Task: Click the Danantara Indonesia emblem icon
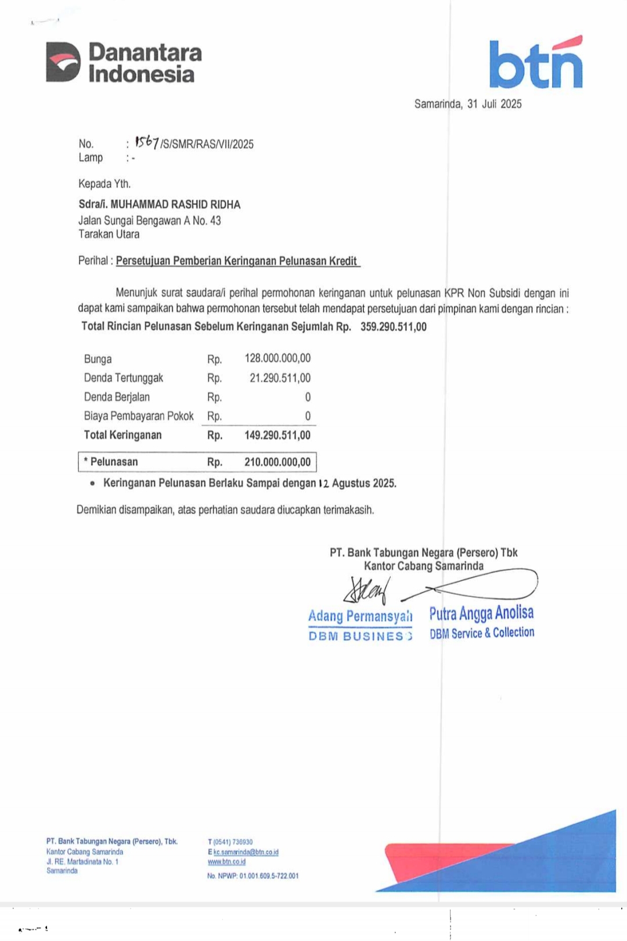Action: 63,62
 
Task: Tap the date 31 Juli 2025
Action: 494,104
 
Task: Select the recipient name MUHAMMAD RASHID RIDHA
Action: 175,204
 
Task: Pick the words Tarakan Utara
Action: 109,235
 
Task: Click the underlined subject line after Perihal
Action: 237,261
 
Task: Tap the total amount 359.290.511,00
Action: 393,326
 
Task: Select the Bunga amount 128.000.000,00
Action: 278,358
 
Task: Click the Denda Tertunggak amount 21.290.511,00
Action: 280,378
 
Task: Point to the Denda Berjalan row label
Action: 117,397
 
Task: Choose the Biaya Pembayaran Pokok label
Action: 139,416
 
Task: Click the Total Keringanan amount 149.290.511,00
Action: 278,435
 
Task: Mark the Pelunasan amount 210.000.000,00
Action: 278,462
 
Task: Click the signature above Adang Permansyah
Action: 366,591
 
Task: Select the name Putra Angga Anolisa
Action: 481,613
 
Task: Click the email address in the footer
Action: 246,852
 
